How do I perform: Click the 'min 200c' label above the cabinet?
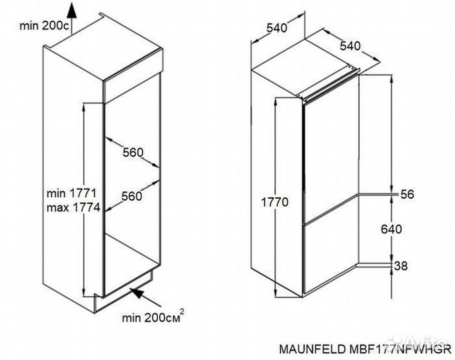click(x=43, y=26)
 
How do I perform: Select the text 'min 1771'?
click(x=73, y=194)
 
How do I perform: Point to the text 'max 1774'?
click(x=73, y=208)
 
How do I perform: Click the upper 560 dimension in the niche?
click(x=133, y=153)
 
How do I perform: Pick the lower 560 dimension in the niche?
click(x=133, y=196)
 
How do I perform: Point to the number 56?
click(x=407, y=194)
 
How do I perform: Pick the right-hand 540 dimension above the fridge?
click(x=349, y=46)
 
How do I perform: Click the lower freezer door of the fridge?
click(x=330, y=257)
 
